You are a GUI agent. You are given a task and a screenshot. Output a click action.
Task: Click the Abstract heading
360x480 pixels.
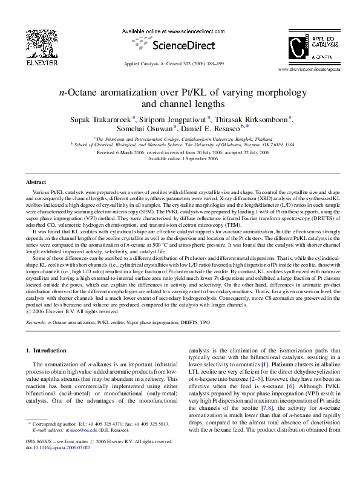(36, 182)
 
